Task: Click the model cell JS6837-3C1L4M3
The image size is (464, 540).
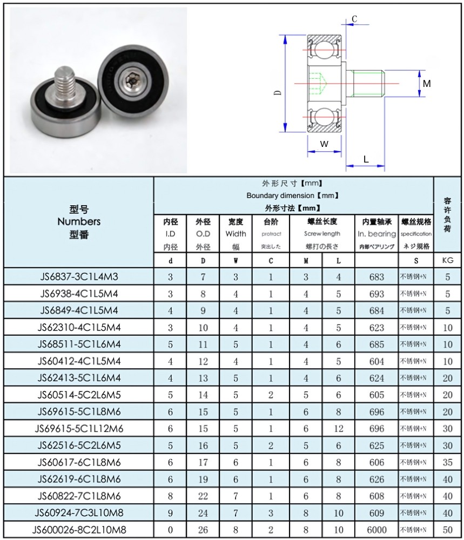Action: [79, 276]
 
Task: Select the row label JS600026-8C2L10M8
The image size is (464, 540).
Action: [79, 530]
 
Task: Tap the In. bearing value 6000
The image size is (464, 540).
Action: [376, 530]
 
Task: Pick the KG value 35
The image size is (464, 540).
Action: [447, 462]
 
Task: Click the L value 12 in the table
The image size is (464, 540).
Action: [338, 428]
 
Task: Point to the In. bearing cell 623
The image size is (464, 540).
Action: [376, 327]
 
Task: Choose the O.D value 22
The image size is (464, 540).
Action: [203, 496]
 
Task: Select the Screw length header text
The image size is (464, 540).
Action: [322, 233]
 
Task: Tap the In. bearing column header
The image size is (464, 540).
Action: [376, 234]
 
